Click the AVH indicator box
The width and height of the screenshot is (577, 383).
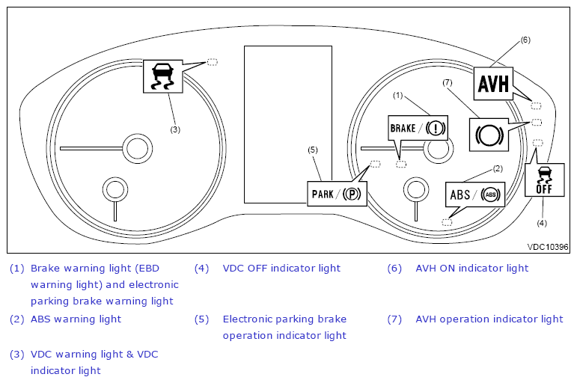point(494,83)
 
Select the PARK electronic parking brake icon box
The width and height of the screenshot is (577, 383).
point(337,194)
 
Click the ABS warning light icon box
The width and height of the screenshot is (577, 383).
point(475,194)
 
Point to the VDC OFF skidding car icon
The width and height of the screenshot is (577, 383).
point(544,178)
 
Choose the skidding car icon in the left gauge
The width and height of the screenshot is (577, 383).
point(162,76)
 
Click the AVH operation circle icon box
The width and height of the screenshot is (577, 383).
point(487,135)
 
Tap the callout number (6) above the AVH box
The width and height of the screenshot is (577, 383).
point(525,40)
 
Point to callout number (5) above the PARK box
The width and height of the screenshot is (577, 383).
point(314,150)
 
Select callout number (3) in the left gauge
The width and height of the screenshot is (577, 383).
point(174,129)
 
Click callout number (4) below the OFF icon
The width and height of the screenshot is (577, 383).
point(541,222)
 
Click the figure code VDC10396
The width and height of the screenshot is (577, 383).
point(547,246)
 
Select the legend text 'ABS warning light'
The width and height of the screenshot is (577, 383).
point(76,319)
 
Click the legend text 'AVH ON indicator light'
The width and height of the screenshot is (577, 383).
point(471,268)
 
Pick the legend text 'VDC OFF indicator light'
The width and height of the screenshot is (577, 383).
point(281,268)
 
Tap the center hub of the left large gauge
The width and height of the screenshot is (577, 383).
point(135,148)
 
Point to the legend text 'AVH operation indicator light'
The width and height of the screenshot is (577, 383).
point(489,319)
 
